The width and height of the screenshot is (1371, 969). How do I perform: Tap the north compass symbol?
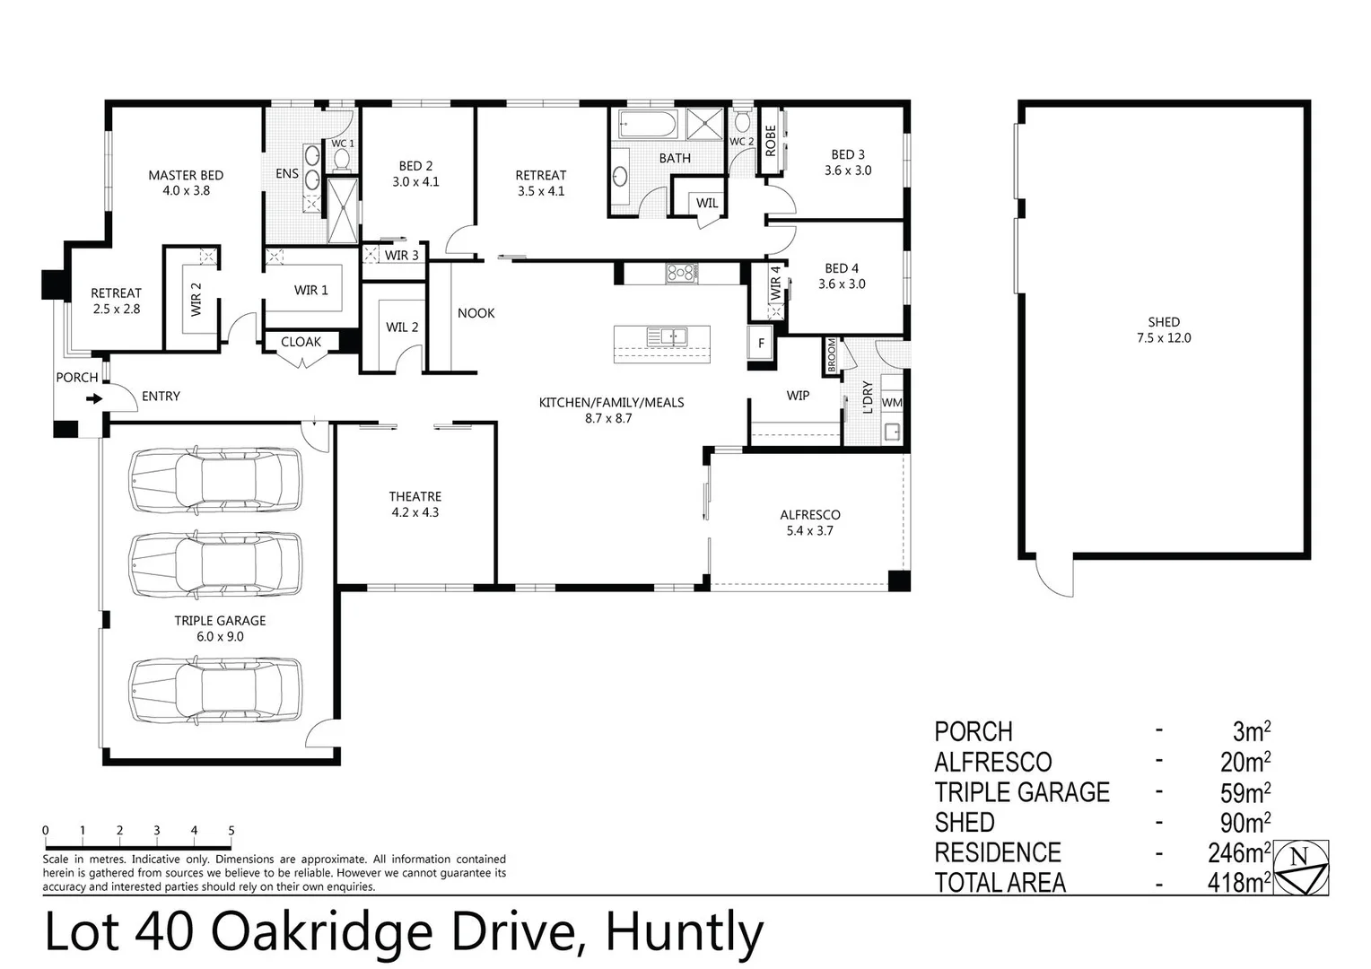[x=1301, y=868]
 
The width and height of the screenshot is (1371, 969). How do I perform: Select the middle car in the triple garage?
[x=215, y=565]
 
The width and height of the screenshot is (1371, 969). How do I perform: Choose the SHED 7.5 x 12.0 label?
[x=1164, y=329]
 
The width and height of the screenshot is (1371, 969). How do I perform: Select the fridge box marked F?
[x=761, y=343]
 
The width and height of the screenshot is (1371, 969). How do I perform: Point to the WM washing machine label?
[x=891, y=403]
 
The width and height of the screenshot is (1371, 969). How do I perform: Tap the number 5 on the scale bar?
[x=231, y=831]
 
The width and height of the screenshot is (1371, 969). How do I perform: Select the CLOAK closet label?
[x=301, y=342]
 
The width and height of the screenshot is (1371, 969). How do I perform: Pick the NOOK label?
[x=476, y=313]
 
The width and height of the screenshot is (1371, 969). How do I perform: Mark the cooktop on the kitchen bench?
[x=681, y=272]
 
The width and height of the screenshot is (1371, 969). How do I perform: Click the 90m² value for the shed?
[x=1244, y=823]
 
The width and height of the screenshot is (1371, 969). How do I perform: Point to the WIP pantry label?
[x=797, y=395]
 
